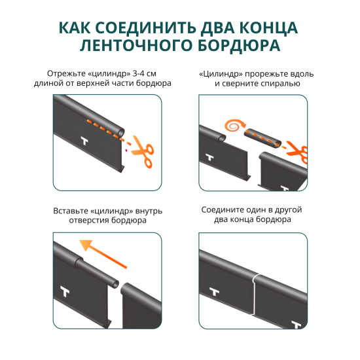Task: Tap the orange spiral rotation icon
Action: pos(232,125)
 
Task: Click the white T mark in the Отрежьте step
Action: pos(84,141)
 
